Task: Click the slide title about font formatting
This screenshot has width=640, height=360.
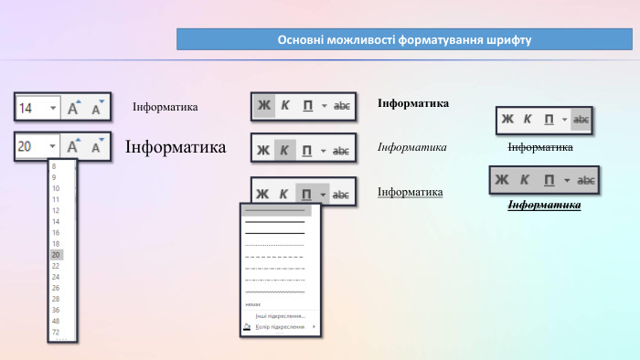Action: (x=404, y=40)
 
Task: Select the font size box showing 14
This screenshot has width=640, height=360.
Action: (x=37, y=108)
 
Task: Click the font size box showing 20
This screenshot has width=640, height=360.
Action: (x=37, y=146)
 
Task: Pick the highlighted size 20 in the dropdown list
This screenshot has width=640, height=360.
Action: (x=56, y=255)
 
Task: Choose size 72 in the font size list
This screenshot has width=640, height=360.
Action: (x=56, y=333)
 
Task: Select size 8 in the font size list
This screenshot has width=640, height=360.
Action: (x=56, y=166)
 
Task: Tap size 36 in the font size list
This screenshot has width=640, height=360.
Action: (x=56, y=310)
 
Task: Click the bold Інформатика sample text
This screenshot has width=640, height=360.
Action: (x=412, y=103)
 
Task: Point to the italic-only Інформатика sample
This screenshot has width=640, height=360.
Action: (x=411, y=147)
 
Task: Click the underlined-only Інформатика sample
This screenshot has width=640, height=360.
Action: (x=410, y=192)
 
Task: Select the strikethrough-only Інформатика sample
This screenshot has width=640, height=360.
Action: (x=540, y=147)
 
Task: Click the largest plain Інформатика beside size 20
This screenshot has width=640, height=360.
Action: (x=176, y=147)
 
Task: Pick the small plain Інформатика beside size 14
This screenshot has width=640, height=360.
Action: (x=165, y=108)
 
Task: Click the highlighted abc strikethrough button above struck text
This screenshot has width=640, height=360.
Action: (x=581, y=120)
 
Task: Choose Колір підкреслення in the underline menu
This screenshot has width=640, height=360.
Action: (x=280, y=326)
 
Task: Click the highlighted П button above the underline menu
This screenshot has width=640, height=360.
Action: (x=307, y=194)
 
